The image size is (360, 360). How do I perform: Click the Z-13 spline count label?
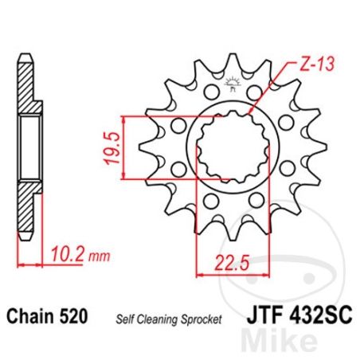[316, 64]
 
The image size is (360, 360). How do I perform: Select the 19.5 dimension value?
[112, 147]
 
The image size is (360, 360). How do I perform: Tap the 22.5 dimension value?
[233, 263]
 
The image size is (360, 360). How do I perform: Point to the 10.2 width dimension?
[68, 254]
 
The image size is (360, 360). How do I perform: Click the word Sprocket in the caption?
[202, 319]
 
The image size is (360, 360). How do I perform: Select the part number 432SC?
[320, 315]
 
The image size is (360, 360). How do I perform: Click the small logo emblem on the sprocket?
[233, 84]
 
